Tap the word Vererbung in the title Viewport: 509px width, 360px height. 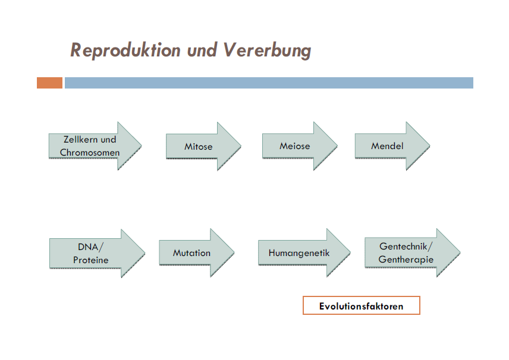pyautogui.click(x=268, y=50)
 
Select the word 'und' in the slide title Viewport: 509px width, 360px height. pyautogui.click(x=202, y=50)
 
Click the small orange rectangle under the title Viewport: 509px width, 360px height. pyautogui.click(x=49, y=83)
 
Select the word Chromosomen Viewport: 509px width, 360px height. pyautogui.click(x=90, y=152)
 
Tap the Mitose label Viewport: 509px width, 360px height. pyautogui.click(x=198, y=146)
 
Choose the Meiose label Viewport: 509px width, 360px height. pyautogui.click(x=294, y=146)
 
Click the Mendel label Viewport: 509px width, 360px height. pyautogui.click(x=387, y=146)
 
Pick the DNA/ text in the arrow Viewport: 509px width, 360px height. pyautogui.click(x=90, y=247)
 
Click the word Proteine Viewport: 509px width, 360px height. pyautogui.click(x=90, y=260)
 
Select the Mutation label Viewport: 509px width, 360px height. pyautogui.click(x=191, y=253)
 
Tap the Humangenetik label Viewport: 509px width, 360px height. pyautogui.click(x=299, y=253)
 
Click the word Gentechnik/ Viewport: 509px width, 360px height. pyautogui.click(x=406, y=247)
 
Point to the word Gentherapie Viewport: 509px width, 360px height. pyautogui.click(x=406, y=260)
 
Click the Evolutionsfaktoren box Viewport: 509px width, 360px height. pyautogui.click(x=361, y=306)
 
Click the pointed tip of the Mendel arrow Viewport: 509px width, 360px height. pyautogui.click(x=428, y=146)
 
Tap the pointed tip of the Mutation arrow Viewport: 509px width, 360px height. pyautogui.click(x=233, y=253)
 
